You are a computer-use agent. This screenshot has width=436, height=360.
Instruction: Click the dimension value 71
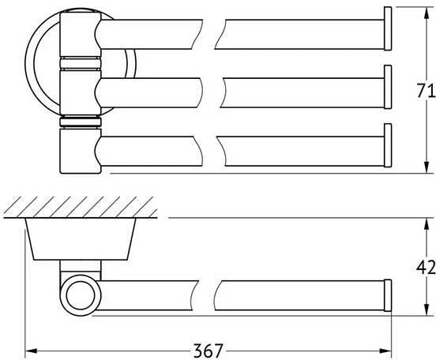tap(426, 91)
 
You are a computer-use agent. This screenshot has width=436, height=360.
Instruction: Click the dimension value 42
tap(426, 268)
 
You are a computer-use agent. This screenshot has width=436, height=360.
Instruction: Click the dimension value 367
tap(209, 351)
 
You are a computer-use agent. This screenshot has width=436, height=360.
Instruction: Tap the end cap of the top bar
tap(388, 28)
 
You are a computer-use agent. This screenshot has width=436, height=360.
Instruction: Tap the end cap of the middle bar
tap(388, 87)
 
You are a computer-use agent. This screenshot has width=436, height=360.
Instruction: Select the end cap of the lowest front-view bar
tap(388, 145)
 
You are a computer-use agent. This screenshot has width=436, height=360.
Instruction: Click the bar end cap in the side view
tap(388, 295)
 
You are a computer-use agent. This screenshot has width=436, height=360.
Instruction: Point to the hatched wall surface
tap(81, 207)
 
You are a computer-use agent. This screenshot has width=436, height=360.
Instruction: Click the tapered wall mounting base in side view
tap(81, 239)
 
